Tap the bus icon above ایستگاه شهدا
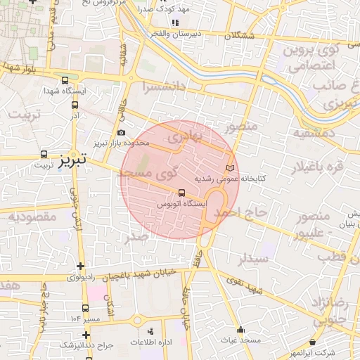(x=65, y=81)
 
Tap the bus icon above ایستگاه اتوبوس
(x=182, y=192)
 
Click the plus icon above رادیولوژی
(x=82, y=266)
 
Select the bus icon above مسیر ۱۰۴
(x=85, y=308)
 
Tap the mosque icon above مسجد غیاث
(x=240, y=329)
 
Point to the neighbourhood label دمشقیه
(x=309, y=133)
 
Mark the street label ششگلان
(x=239, y=35)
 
